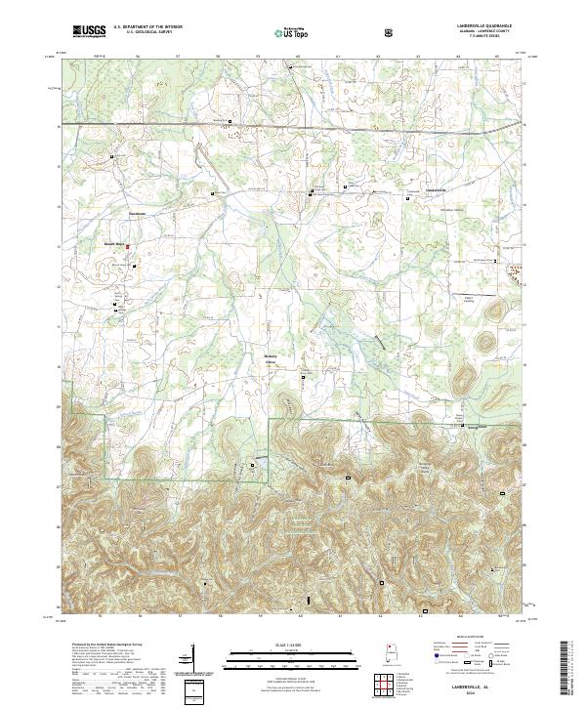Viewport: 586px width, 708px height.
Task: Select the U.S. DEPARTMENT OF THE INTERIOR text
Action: click(x=147, y=27)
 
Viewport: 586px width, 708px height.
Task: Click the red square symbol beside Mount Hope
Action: click(x=127, y=247)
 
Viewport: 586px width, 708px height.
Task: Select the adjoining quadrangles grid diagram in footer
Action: click(x=385, y=686)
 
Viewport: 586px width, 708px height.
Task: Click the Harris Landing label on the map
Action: click(x=468, y=300)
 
